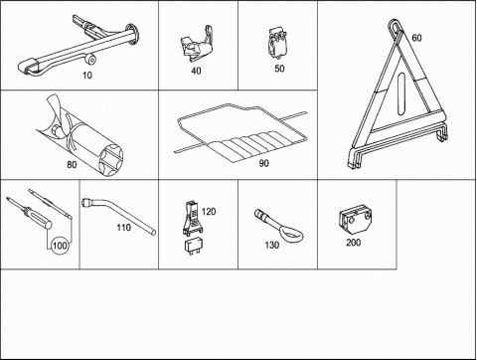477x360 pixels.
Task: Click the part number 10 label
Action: tap(87, 76)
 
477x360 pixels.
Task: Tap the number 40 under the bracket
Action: tap(196, 71)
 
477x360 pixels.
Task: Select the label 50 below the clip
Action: tap(279, 69)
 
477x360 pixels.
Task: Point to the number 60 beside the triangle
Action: tap(416, 38)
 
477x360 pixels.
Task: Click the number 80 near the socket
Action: tap(72, 164)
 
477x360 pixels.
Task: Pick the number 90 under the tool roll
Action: tap(263, 163)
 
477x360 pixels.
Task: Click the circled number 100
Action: tap(60, 246)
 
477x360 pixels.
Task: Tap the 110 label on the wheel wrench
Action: tap(123, 228)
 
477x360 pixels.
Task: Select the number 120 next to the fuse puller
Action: tap(209, 211)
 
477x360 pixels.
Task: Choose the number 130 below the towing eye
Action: tap(272, 245)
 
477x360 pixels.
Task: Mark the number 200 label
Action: tap(353, 243)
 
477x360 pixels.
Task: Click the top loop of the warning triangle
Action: tap(396, 26)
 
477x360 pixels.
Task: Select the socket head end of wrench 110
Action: tap(85, 202)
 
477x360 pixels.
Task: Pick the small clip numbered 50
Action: tap(277, 43)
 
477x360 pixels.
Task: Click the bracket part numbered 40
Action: tap(197, 44)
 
